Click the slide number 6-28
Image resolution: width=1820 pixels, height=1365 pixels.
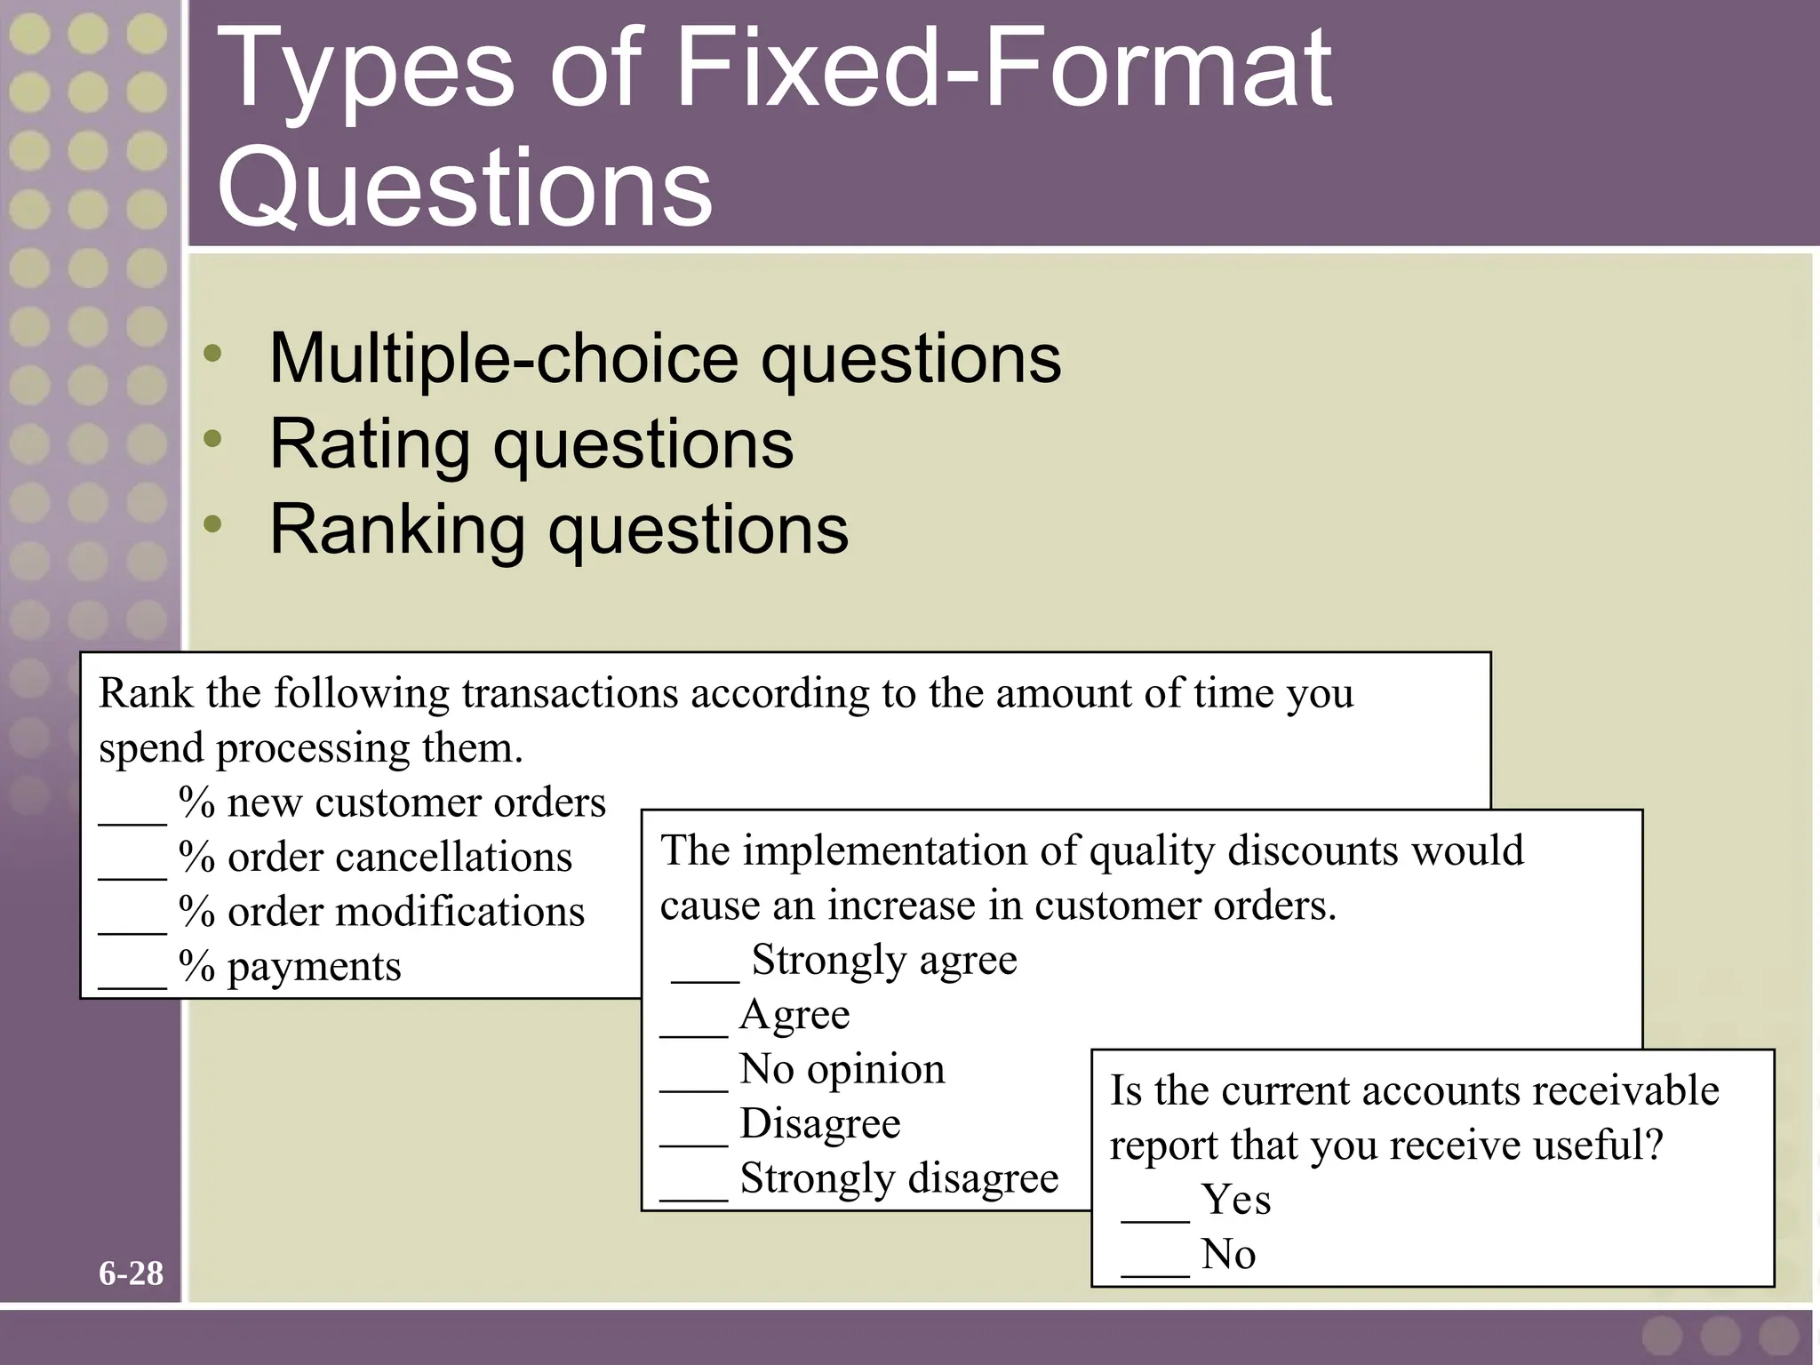[x=131, y=1273]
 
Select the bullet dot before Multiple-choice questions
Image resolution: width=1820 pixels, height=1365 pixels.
[x=212, y=354]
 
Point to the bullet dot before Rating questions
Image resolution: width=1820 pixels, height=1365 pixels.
[x=212, y=438]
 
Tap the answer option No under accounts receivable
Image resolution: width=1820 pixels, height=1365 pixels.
[x=1228, y=1254]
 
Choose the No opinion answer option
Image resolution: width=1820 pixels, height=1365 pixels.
[x=842, y=1068]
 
